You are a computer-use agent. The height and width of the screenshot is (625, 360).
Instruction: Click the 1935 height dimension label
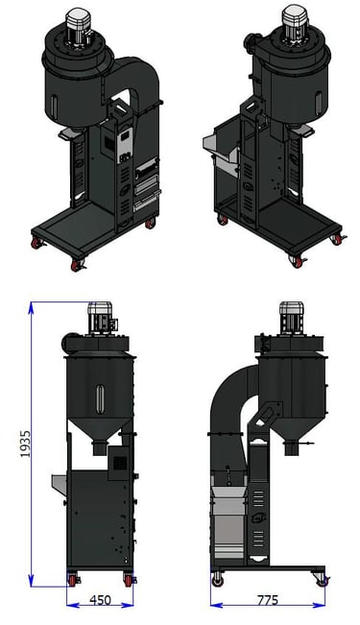point(26,445)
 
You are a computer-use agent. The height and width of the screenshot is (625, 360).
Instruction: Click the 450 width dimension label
point(100,600)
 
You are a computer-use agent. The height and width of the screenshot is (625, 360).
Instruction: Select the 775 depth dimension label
point(268,600)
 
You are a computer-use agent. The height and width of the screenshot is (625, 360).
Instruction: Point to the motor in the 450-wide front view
point(100,317)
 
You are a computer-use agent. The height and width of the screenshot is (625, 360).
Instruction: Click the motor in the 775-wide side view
point(292,317)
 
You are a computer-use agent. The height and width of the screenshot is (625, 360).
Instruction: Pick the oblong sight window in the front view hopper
point(100,398)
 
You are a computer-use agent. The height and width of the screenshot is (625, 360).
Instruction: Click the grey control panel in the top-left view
point(125,145)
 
